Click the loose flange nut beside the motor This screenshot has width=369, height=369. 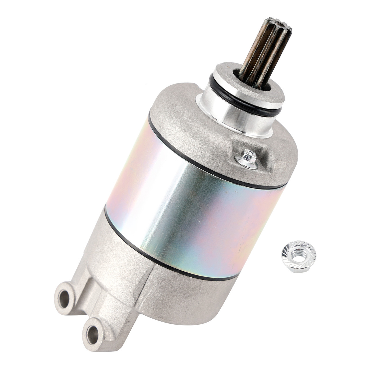[x=299, y=252]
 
